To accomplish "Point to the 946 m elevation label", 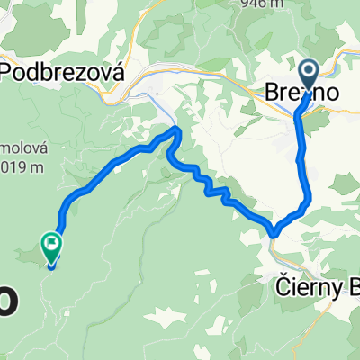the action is pyautogui.click(x=264, y=4).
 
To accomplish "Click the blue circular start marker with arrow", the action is pyautogui.click(x=307, y=74).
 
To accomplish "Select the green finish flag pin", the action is pyautogui.click(x=51, y=244).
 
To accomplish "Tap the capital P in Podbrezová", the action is pyautogui.click(x=11, y=73).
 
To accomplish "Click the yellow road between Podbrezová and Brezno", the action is pyautogui.click(x=216, y=83).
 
